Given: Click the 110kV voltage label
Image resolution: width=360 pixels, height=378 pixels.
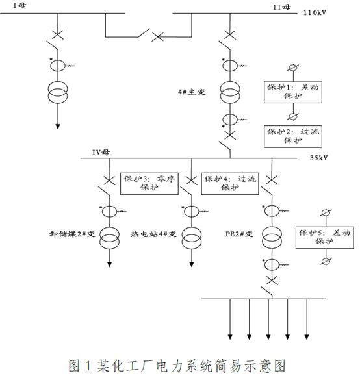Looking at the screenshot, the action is (315, 12).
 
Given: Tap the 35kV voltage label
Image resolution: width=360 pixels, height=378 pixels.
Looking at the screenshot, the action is (319, 158).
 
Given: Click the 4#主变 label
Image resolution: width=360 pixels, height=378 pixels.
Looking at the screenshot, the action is (192, 92).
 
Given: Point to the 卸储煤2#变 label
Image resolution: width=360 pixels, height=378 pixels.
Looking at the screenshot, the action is (72, 234).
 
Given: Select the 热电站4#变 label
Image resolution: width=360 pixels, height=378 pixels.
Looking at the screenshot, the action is (153, 234).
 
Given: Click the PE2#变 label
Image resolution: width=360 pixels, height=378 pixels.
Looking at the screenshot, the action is (239, 234).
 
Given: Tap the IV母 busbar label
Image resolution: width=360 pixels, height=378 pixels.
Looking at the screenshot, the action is (101, 153).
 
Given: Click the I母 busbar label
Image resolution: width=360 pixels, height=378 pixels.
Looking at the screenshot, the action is (19, 5).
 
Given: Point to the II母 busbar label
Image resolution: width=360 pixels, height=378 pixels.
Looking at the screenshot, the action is (281, 7).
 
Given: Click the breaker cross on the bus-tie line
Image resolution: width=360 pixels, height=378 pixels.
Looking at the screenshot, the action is (157, 37).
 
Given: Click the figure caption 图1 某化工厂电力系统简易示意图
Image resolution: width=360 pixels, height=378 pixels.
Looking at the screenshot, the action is (177, 366).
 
